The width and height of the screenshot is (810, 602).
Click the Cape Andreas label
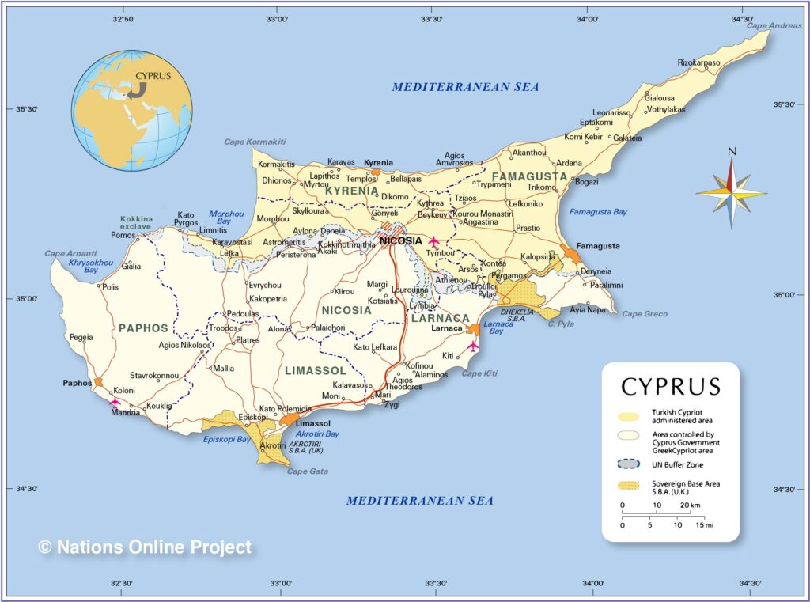click(774, 25)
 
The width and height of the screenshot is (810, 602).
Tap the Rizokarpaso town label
click(698, 62)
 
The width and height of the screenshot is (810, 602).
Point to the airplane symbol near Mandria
click(115, 402)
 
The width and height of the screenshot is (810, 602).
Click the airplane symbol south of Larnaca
click(473, 346)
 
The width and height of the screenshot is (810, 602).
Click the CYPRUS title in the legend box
click(671, 386)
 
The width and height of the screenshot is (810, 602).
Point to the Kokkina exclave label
click(136, 222)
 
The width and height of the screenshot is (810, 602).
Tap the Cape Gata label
click(307, 471)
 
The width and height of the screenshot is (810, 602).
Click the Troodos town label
click(222, 328)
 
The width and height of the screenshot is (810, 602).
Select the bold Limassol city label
click(312, 424)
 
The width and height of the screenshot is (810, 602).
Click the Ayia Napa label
click(588, 309)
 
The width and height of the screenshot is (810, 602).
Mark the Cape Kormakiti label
click(255, 142)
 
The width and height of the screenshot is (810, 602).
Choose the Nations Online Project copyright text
click(146, 547)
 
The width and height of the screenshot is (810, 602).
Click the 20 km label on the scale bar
click(690, 505)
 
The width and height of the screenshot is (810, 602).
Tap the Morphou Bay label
click(226, 218)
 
